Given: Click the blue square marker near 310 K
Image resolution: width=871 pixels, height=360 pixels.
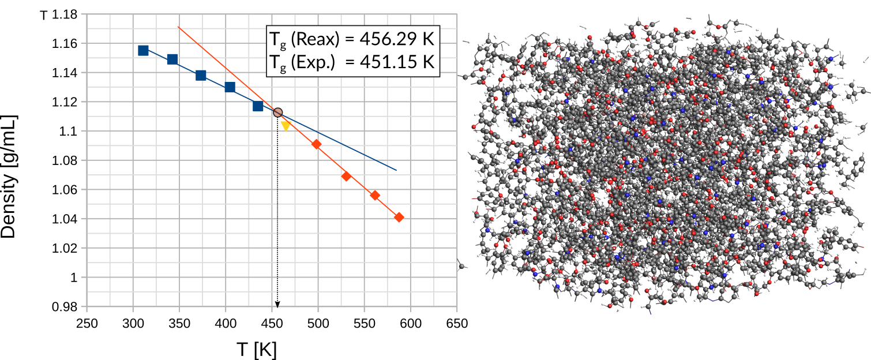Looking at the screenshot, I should [143, 50].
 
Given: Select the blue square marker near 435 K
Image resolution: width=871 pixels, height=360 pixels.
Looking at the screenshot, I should [258, 106].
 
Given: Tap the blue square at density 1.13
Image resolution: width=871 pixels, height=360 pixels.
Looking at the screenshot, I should [230, 87].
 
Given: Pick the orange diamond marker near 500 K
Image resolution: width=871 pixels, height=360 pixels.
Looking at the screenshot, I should [316, 144].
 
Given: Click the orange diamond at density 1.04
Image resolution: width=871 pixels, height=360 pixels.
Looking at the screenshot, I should [399, 217].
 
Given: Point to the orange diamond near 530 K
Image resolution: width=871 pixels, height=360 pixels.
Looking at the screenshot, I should [346, 176].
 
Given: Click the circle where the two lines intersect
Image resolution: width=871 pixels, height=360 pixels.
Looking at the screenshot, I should [278, 112].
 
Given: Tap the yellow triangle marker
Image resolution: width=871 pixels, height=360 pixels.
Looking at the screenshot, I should [285, 125].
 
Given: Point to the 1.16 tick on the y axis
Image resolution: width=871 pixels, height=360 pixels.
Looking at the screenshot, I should [69, 43].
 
